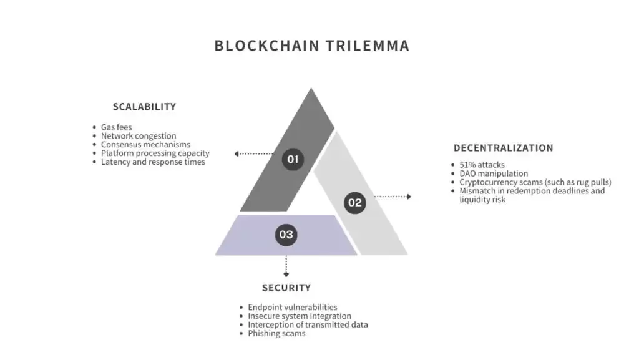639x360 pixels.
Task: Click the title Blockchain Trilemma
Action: click(311, 46)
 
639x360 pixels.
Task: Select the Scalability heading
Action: click(144, 107)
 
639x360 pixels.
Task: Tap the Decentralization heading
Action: click(503, 148)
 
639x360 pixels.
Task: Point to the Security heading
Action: click(286, 288)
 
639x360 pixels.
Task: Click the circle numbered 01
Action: click(292, 159)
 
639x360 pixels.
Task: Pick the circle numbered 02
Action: click(354, 202)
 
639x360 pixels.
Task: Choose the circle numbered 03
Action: click(286, 235)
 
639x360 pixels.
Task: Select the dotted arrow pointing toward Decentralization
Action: click(393, 197)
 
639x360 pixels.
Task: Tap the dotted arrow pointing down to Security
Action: click(286, 266)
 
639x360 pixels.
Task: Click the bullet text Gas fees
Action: click(117, 127)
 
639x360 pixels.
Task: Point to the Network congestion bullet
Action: click(139, 136)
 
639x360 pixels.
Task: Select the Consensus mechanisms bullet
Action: click(145, 145)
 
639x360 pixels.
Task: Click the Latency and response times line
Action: click(153, 162)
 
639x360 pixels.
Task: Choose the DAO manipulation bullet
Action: click(494, 173)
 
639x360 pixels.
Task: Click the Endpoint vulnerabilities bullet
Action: click(293, 308)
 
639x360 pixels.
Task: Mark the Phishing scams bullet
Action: click(276, 334)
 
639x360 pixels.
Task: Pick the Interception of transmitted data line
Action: click(308, 325)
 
